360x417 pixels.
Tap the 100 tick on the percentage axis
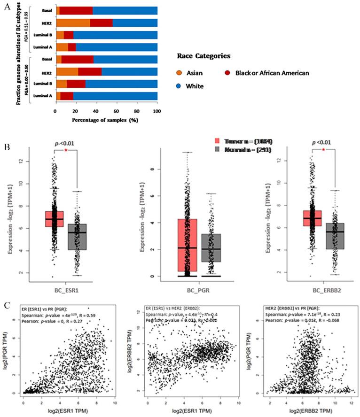pyautogui.click(x=157, y=112)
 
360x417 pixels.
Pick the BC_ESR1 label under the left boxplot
pyautogui.click(x=63, y=286)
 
